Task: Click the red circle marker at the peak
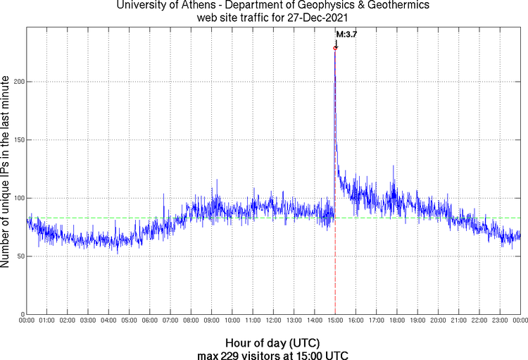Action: click(335, 48)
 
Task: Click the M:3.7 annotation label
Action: click(346, 34)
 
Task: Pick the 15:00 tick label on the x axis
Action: click(335, 321)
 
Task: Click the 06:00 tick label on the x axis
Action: click(150, 321)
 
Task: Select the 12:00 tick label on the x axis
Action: click(273, 321)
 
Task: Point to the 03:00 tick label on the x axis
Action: click(88, 321)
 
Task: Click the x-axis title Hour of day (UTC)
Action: click(274, 342)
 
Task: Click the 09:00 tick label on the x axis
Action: click(211, 321)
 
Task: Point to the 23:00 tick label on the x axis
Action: click(500, 321)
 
